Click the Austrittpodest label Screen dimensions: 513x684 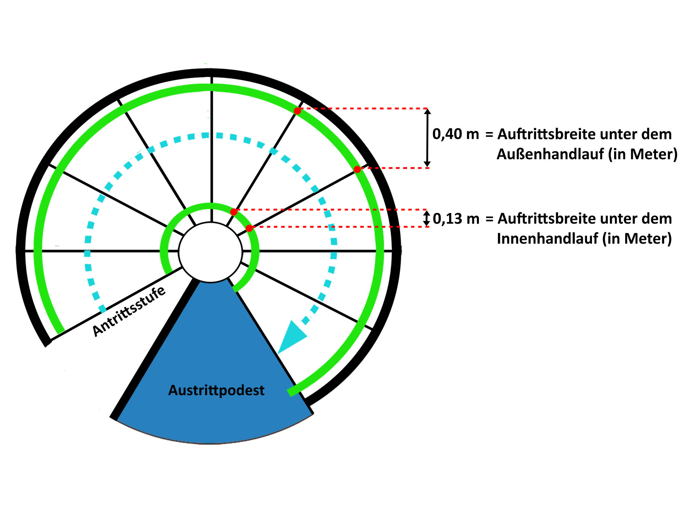(x=216, y=390)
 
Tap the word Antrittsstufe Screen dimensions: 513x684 (x=129, y=311)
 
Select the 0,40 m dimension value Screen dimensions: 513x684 (x=455, y=134)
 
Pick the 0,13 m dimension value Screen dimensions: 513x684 (x=456, y=219)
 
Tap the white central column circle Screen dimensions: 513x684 (x=210, y=252)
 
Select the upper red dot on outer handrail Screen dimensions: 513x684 (x=298, y=111)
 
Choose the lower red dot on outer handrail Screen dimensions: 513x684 (x=357, y=169)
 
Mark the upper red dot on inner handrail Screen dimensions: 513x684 (x=234, y=212)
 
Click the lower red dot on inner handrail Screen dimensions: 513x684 (x=249, y=228)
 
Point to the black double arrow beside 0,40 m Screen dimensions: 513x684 (x=427, y=138)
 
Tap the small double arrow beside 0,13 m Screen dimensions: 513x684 (x=427, y=218)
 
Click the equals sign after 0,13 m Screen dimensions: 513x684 (x=489, y=219)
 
